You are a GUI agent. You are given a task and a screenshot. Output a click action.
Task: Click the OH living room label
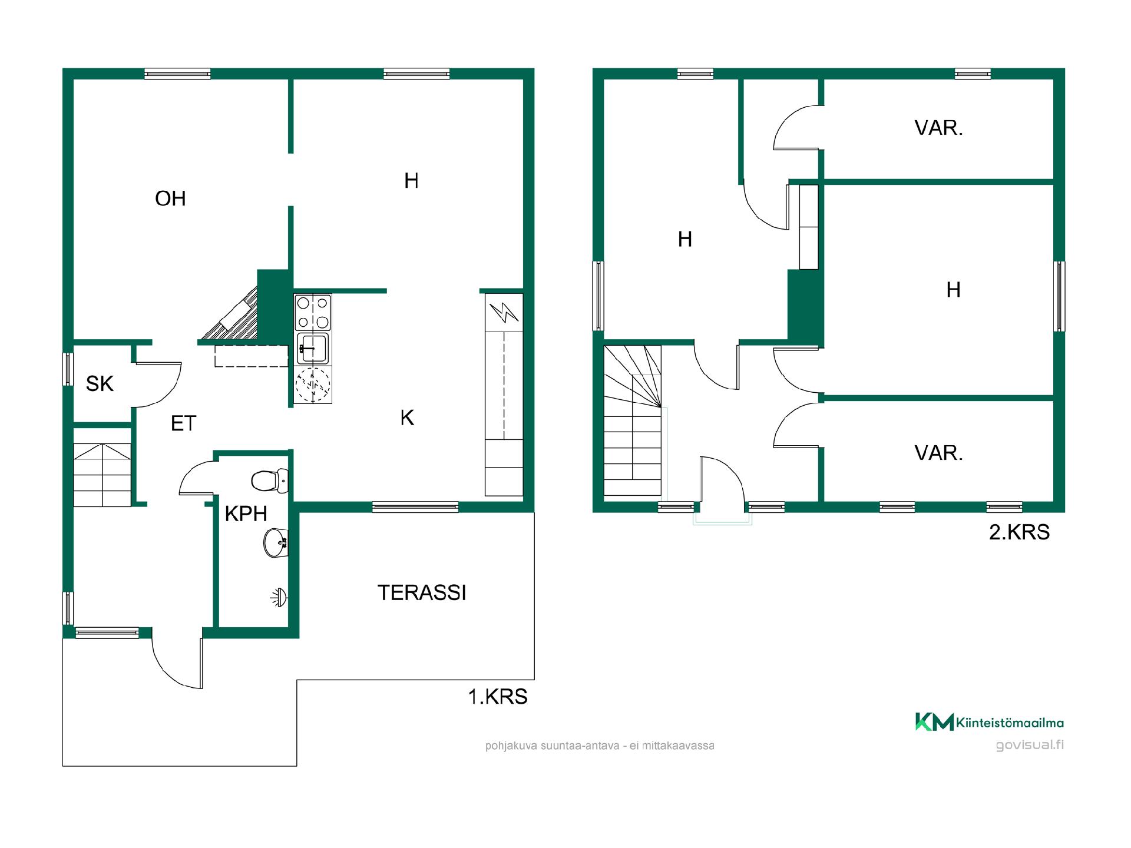tap(170, 199)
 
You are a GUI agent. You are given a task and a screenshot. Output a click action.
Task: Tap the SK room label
tap(100, 384)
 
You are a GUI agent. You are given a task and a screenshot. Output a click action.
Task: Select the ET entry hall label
tap(183, 423)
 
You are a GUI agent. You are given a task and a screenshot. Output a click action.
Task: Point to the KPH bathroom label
tap(246, 514)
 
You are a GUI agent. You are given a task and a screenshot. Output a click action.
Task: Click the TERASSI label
tap(422, 593)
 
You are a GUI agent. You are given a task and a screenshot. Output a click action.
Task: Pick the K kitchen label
tap(407, 418)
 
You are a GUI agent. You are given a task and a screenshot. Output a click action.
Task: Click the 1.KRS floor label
tap(498, 697)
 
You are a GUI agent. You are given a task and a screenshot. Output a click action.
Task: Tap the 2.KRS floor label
tap(1019, 532)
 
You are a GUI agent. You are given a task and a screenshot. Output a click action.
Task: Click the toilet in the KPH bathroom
tap(270, 481)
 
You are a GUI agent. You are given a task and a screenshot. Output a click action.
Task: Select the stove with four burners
tap(313, 312)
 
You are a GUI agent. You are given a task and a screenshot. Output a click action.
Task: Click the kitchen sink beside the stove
tap(313, 348)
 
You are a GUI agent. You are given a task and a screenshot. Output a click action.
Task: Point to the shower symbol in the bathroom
tap(280, 598)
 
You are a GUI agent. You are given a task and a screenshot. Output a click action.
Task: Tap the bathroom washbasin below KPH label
tap(276, 542)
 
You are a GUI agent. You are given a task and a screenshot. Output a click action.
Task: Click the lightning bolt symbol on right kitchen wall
tap(504, 312)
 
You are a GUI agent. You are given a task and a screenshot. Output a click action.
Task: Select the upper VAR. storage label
tap(938, 128)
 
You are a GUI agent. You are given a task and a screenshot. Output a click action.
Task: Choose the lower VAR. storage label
tap(938, 453)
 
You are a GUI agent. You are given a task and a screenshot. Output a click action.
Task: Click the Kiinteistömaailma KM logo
tap(989, 722)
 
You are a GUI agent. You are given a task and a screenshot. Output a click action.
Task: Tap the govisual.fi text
tap(1030, 745)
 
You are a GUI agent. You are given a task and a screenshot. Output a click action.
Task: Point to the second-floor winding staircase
tap(633, 420)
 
